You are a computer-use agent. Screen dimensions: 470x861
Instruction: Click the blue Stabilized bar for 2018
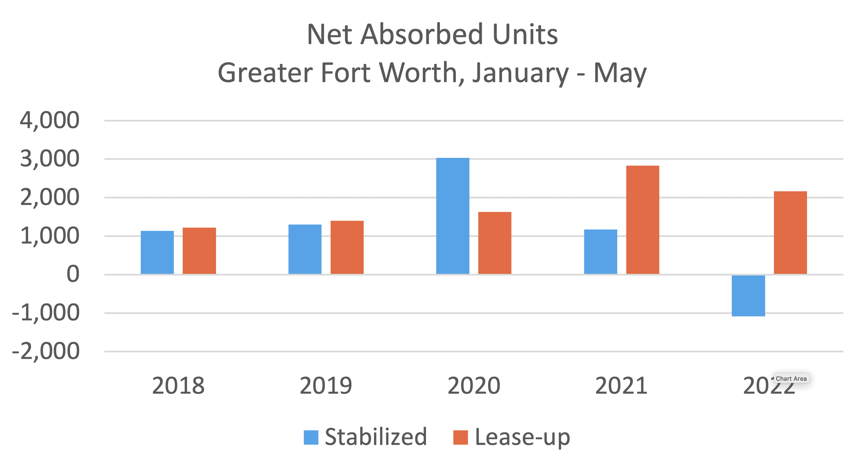point(157,252)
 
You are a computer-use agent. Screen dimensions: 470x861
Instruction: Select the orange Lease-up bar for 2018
point(199,251)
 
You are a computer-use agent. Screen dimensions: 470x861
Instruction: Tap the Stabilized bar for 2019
point(305,249)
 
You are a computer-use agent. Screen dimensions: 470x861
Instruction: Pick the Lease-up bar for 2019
point(347,247)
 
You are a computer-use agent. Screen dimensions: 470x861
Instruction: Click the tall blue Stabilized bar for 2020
point(453,216)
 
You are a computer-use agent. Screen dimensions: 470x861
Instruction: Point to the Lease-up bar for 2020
point(495,243)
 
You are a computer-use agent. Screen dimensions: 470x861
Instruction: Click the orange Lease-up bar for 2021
point(642,220)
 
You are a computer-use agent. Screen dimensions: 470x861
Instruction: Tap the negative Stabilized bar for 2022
point(748,296)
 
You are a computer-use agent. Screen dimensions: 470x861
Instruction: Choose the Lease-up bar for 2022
point(790,233)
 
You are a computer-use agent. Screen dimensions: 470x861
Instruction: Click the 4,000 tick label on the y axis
point(50,120)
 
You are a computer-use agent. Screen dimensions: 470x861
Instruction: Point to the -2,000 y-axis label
point(46,351)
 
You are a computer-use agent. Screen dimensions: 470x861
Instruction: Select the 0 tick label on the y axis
point(73,274)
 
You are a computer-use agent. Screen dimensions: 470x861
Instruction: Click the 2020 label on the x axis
point(474,386)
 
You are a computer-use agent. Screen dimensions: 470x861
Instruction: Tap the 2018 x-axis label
point(178,386)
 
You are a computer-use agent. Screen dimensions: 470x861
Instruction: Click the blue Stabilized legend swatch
point(311,437)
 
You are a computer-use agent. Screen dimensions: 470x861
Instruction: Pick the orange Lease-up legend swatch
point(460,437)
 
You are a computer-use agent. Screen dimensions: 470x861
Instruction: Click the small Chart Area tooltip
point(791,379)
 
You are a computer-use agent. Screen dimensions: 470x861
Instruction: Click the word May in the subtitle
point(620,73)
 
